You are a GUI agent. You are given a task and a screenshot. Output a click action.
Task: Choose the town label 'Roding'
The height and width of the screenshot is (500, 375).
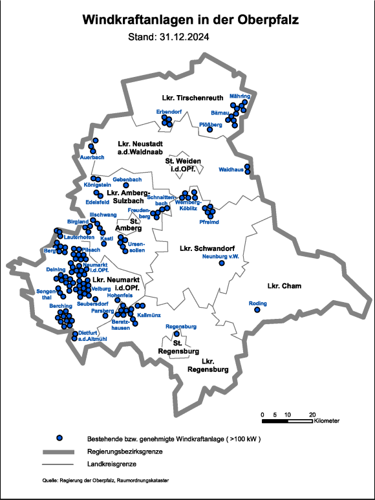pyautogui.click(x=257, y=303)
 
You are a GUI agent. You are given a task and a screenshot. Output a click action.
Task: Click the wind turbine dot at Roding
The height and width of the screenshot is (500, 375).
pyautogui.click(x=257, y=310)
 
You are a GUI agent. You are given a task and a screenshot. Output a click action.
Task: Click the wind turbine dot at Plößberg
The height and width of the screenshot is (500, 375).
pyautogui.click(x=209, y=130)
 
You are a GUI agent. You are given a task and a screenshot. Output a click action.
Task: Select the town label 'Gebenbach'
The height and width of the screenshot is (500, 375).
pyautogui.click(x=127, y=179)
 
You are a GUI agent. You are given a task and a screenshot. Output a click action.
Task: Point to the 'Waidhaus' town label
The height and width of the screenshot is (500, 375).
pyautogui.click(x=231, y=170)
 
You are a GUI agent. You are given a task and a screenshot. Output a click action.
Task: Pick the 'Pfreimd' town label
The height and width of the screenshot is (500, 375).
pyautogui.click(x=209, y=221)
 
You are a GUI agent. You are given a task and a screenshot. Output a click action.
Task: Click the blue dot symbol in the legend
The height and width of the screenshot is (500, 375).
pyautogui.click(x=60, y=439)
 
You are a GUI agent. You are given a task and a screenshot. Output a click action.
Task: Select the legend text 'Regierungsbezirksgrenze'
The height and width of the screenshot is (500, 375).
pyautogui.click(x=123, y=451)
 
